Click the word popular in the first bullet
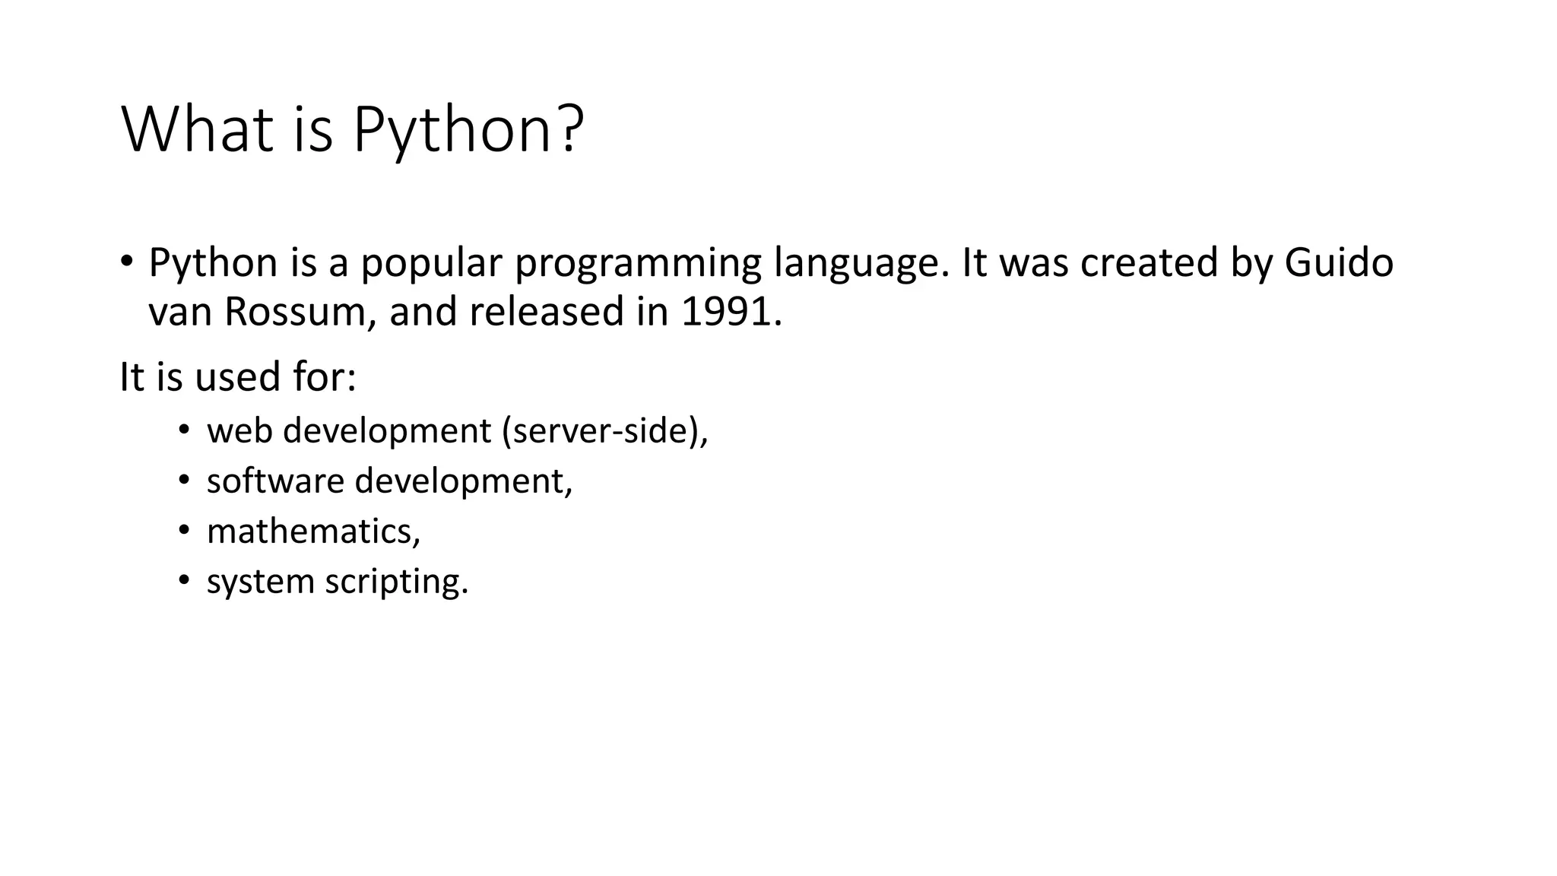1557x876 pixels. click(431, 264)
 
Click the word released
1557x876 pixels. click(546, 313)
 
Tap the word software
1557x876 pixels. click(275, 481)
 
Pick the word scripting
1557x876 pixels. click(396, 582)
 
